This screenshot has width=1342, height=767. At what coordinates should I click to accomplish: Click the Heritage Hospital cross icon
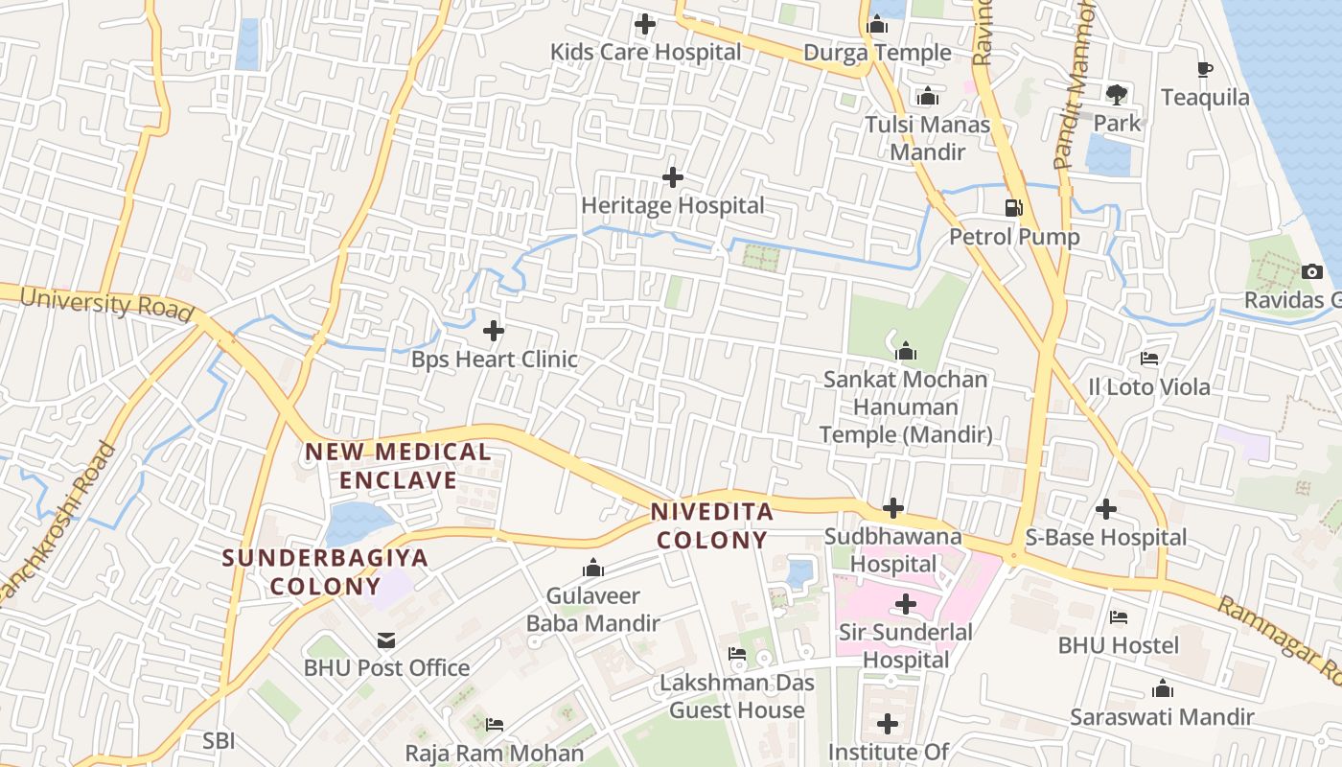[673, 177]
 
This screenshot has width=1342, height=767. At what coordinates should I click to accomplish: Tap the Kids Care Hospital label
[645, 52]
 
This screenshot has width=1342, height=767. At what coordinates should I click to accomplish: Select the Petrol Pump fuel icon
[1013, 207]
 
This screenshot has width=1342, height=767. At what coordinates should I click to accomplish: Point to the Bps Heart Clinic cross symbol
[494, 332]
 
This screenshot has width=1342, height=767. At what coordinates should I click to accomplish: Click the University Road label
[105, 304]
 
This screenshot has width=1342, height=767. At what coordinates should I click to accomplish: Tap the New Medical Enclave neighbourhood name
[398, 465]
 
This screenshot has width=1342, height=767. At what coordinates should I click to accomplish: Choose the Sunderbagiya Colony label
[325, 571]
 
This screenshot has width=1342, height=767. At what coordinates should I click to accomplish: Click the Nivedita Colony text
[710, 525]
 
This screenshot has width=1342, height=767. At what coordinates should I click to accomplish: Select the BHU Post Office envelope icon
[385, 639]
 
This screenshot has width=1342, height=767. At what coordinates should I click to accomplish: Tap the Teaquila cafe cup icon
[1205, 69]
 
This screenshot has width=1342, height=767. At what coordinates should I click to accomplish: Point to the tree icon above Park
[1116, 94]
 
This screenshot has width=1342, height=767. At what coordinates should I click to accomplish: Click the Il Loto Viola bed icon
[1149, 360]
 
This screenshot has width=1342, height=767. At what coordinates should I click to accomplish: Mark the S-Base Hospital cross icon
[1106, 509]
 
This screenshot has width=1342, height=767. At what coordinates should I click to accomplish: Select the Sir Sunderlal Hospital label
[905, 646]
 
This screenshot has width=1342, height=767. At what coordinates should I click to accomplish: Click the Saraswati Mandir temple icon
[1162, 689]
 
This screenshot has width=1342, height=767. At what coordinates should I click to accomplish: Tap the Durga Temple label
[877, 53]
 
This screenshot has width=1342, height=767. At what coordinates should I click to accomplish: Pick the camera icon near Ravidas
[1313, 272]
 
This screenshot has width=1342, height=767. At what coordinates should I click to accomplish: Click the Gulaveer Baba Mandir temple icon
[593, 569]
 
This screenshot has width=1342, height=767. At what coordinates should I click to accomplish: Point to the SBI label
[219, 740]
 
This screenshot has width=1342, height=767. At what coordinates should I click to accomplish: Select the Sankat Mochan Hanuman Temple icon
[906, 351]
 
